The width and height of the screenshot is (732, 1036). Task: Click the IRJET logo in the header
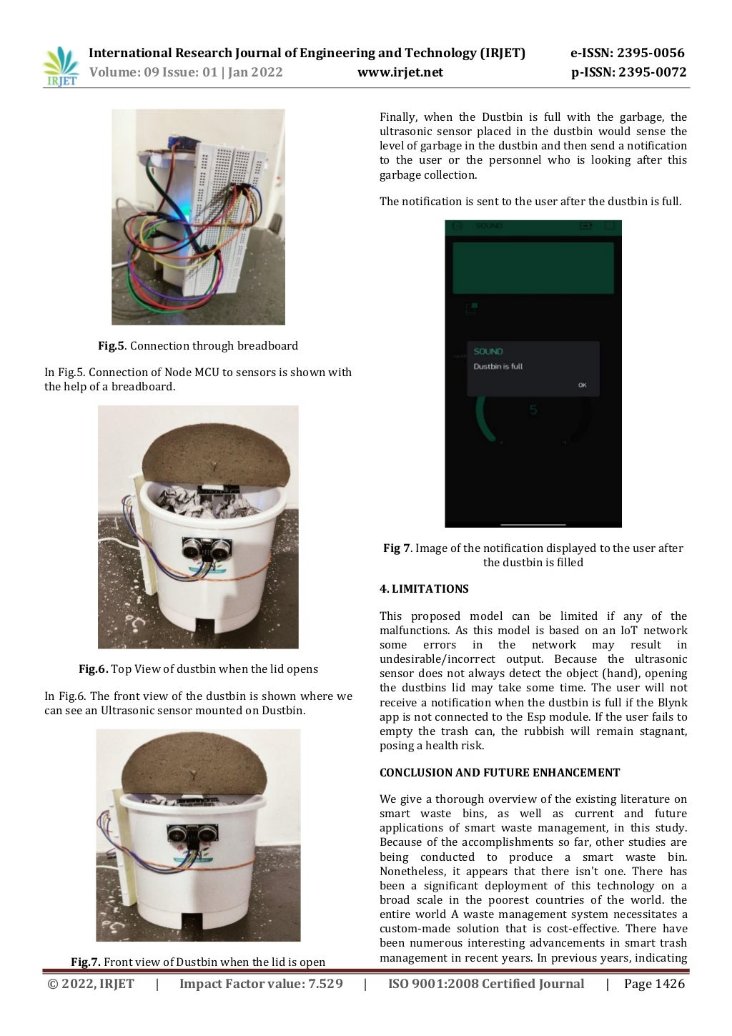(61, 66)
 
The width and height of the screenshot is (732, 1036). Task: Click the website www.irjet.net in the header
(400, 72)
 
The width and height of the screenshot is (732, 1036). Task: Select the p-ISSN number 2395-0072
(652, 72)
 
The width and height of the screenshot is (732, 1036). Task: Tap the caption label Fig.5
(111, 346)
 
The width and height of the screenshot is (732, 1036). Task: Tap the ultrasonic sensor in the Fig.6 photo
(207, 549)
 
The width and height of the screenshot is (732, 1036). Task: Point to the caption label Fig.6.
(93, 669)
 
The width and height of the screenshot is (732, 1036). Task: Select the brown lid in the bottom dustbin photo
(195, 762)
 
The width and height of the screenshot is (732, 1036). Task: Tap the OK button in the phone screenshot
(582, 385)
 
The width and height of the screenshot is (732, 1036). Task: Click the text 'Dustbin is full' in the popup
(498, 367)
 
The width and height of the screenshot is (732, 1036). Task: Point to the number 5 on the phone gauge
(533, 410)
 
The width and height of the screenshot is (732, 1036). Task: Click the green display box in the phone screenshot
(533, 267)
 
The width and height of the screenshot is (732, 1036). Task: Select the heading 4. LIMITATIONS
(424, 589)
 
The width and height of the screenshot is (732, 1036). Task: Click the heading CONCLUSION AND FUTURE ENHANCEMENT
(500, 773)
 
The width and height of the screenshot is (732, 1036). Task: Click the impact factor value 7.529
(325, 985)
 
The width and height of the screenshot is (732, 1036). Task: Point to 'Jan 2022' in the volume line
(255, 72)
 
